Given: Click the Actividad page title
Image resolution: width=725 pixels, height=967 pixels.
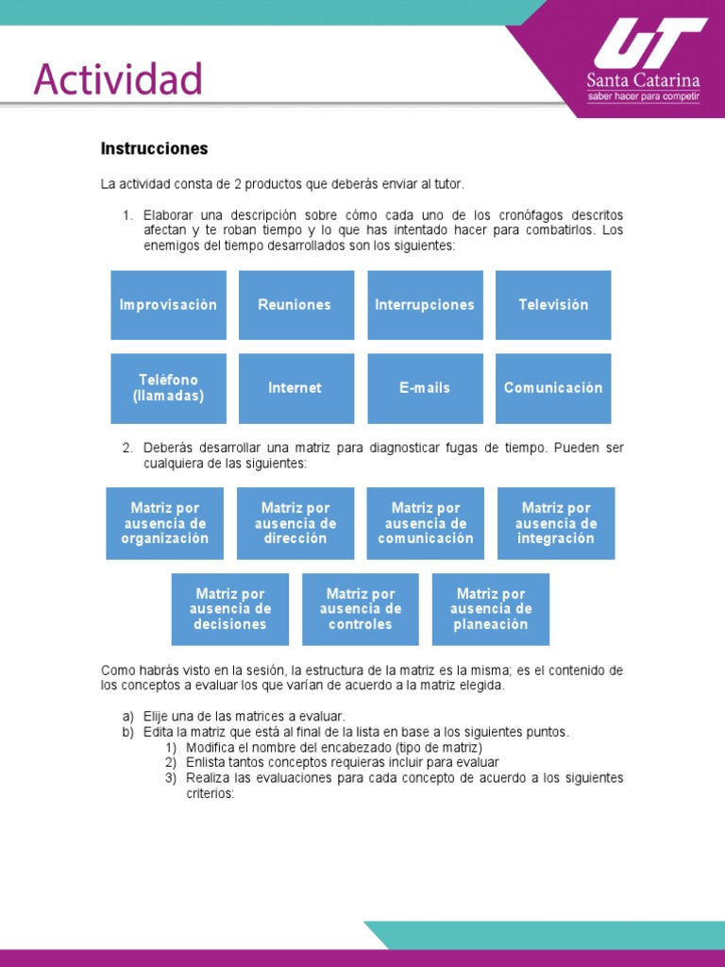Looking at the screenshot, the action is [118, 79].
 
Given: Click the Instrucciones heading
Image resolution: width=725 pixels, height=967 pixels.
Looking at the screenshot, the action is [154, 149].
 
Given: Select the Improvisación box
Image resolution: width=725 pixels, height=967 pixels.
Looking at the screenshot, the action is [168, 305].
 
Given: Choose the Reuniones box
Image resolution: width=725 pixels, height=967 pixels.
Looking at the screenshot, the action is [295, 305].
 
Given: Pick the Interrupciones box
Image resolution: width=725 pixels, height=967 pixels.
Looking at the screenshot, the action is [425, 305].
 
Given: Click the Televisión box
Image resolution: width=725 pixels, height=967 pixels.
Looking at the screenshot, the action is [553, 305].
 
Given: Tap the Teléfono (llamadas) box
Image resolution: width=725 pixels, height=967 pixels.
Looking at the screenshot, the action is [168, 388].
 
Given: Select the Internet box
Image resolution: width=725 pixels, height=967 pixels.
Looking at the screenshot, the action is [295, 388].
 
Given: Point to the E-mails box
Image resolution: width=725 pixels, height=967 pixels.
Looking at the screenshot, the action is [425, 388].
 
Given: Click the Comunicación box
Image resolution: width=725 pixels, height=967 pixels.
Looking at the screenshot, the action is [553, 388].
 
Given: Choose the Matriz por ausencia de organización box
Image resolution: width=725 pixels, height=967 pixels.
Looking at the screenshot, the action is [165, 523].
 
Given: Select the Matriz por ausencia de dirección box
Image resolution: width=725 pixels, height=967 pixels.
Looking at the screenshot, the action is [295, 523].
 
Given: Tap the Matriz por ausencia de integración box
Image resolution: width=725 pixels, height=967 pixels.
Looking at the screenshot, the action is [556, 523].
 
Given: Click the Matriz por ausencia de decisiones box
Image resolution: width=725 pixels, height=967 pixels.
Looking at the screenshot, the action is [230, 609].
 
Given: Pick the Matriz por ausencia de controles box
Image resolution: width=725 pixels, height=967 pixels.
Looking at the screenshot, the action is [361, 609].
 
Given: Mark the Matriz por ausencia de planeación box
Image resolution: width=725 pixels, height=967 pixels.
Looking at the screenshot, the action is [491, 609].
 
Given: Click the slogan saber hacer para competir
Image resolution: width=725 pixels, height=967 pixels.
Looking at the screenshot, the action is [643, 96].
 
